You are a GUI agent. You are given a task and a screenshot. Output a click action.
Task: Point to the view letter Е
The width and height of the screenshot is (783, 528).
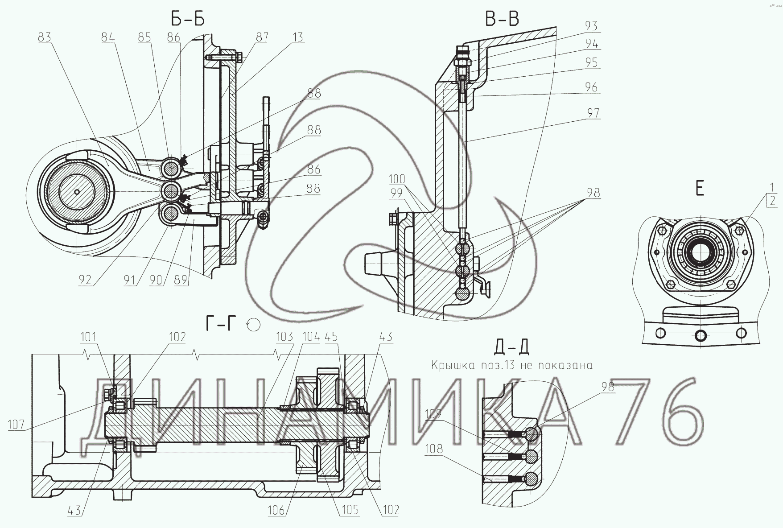click(x=700, y=189)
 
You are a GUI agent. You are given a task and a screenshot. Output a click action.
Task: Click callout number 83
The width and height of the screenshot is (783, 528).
click(x=45, y=37)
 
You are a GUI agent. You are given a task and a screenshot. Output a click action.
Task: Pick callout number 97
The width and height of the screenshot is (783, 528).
click(x=593, y=113)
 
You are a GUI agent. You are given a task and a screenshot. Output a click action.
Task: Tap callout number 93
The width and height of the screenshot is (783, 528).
click(x=591, y=26)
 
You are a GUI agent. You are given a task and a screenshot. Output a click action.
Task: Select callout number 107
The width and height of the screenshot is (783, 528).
click(x=16, y=424)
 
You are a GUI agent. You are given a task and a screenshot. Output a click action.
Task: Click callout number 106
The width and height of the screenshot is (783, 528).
click(x=276, y=510)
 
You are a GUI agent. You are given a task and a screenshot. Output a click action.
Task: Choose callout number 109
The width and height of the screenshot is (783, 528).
click(x=433, y=414)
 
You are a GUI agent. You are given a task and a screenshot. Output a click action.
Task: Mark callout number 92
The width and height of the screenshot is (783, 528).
click(x=84, y=280)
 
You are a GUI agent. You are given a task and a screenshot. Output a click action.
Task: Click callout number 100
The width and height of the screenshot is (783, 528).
click(x=397, y=179)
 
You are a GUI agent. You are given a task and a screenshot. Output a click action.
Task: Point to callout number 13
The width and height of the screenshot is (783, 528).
click(x=298, y=37)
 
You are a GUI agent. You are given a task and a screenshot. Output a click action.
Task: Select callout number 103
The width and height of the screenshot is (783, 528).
click(x=284, y=336)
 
